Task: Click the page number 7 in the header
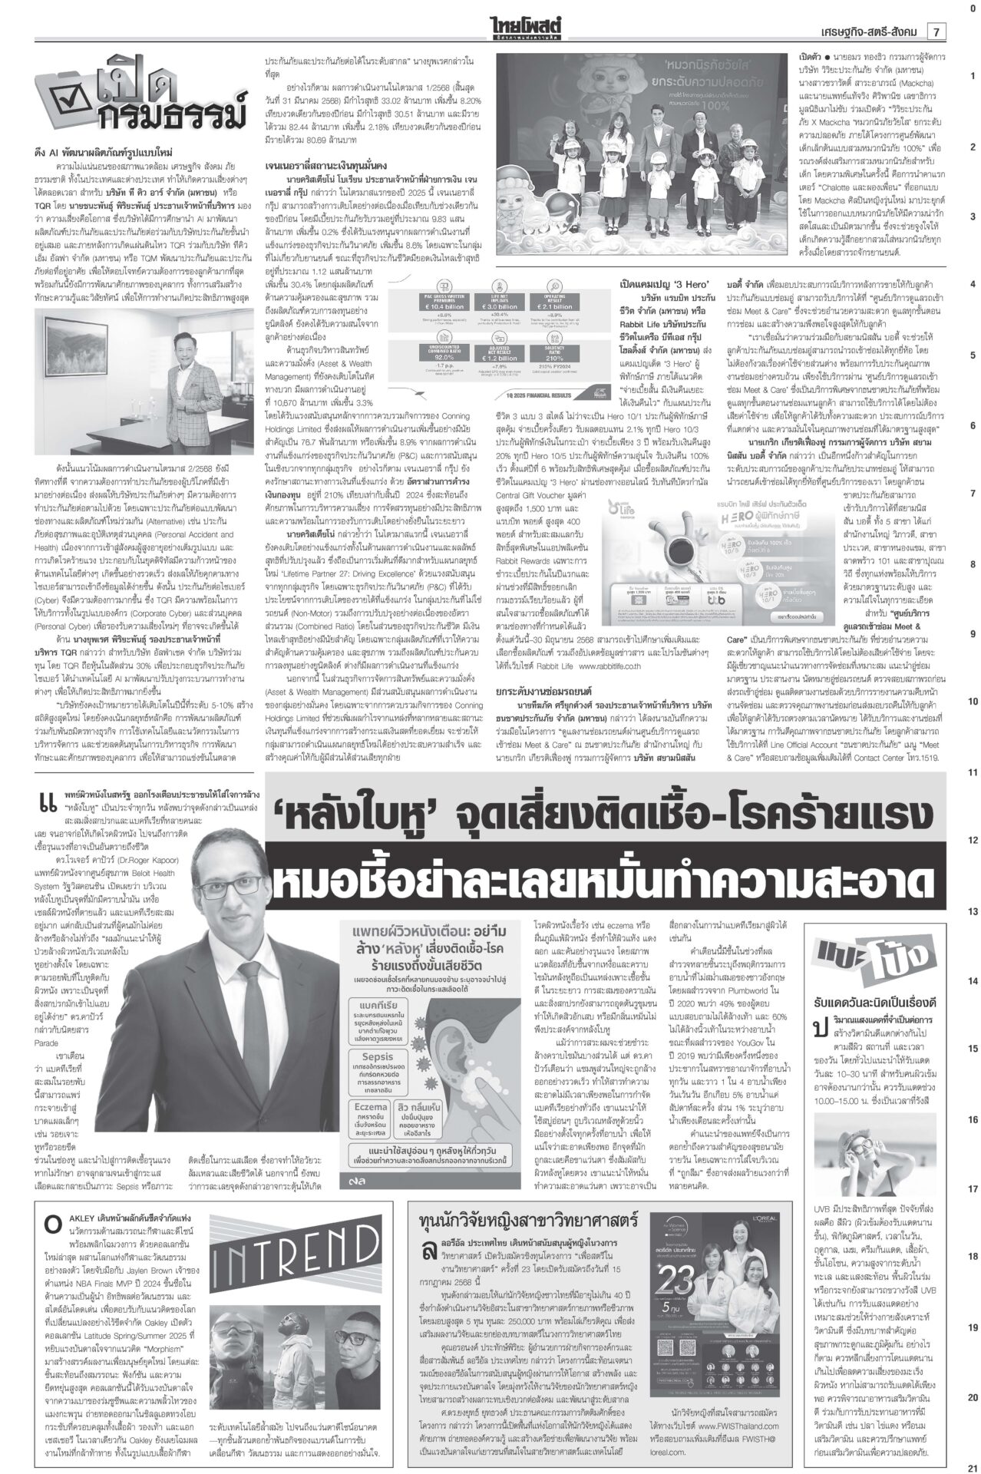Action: click(x=937, y=31)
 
